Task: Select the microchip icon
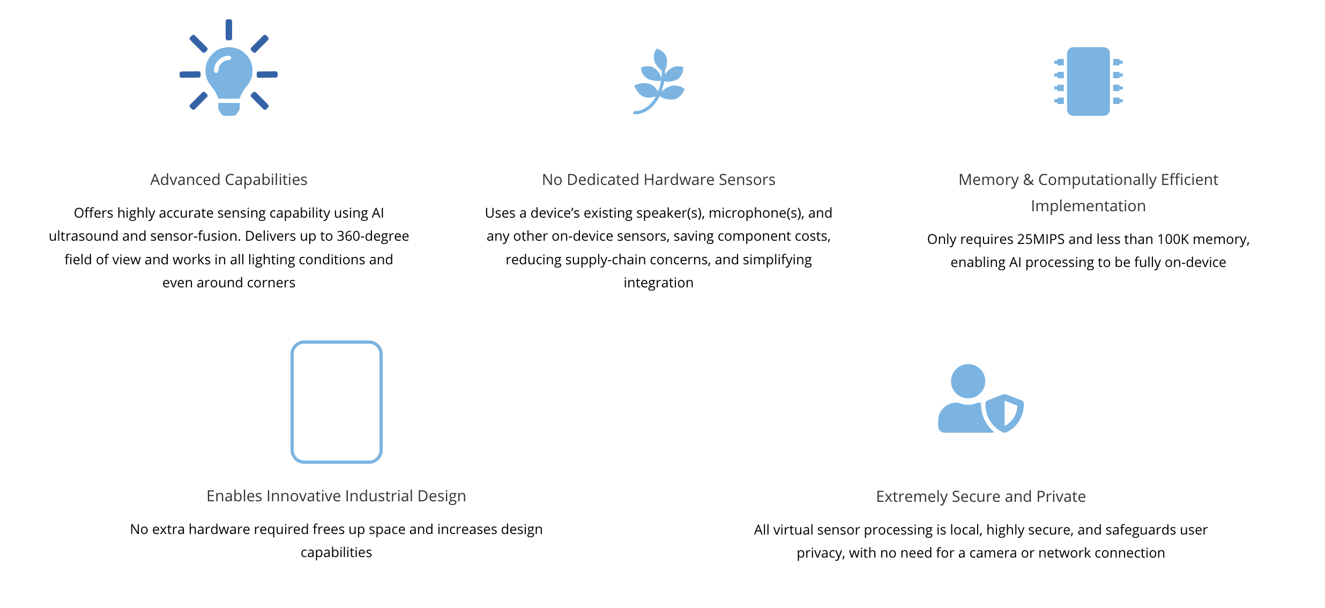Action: tap(1088, 81)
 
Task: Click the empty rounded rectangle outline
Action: tap(337, 402)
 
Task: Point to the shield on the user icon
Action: tap(1004, 413)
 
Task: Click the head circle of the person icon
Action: tap(967, 381)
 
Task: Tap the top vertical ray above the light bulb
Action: tap(229, 29)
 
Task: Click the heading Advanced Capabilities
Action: tap(229, 180)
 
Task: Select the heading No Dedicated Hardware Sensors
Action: tap(658, 180)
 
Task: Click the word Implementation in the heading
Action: tap(1088, 206)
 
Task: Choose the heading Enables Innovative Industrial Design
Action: tap(336, 496)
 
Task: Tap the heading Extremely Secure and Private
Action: tap(980, 496)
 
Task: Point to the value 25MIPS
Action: tap(1040, 239)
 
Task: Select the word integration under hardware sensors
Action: tap(658, 283)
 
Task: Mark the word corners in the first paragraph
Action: tap(270, 283)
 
